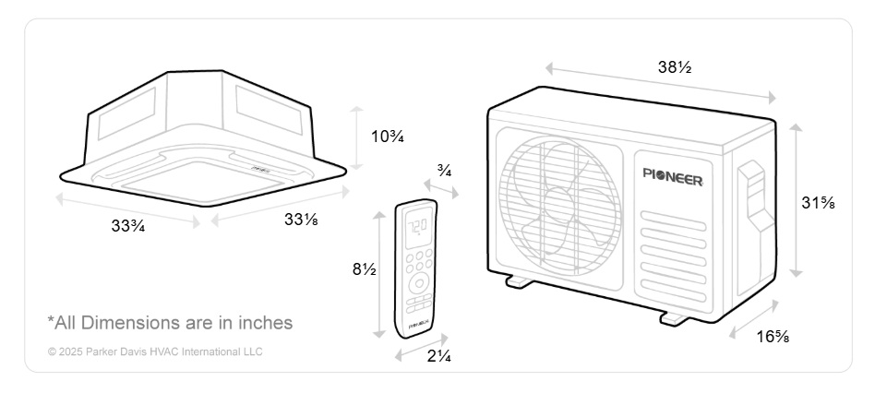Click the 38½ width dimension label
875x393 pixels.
click(675, 67)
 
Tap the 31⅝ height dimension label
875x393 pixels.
click(818, 203)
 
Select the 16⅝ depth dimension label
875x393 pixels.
click(773, 337)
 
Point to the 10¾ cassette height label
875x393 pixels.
click(388, 136)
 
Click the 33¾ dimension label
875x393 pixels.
click(128, 226)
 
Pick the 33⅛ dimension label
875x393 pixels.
click(301, 220)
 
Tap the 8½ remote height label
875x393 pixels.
click(364, 269)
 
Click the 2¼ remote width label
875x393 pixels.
click(439, 356)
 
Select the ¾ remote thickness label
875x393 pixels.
click(444, 172)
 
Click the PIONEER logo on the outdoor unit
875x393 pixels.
click(673, 176)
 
